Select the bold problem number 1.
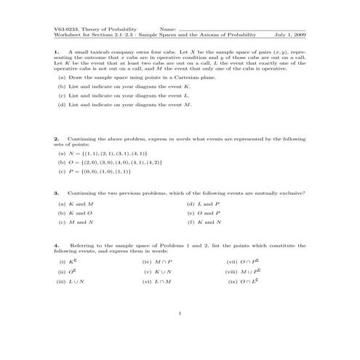click(x=55, y=52)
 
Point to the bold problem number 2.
click(x=55, y=138)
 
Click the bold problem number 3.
click(x=55, y=193)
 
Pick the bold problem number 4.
click(x=55, y=246)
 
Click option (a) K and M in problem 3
click(x=76, y=204)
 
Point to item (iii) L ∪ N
click(x=73, y=280)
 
